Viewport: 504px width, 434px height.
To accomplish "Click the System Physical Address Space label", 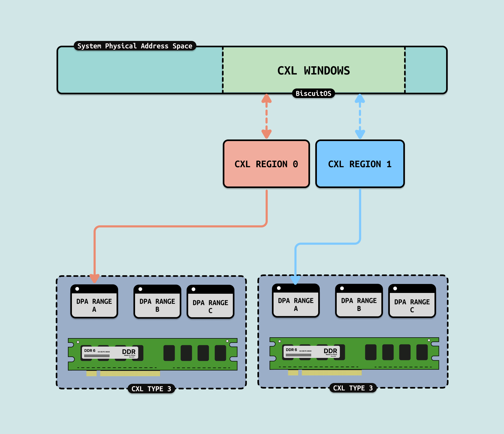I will pyautogui.click(x=135, y=46).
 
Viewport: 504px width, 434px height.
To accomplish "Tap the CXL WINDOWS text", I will pyautogui.click(x=313, y=71).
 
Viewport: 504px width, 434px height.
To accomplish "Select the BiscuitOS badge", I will pyautogui.click(x=313, y=94).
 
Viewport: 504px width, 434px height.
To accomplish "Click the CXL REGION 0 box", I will pyautogui.click(x=266, y=164).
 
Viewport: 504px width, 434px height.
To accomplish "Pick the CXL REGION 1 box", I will pyautogui.click(x=360, y=164).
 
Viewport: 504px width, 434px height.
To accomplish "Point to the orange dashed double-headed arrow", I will pyautogui.click(x=266, y=116).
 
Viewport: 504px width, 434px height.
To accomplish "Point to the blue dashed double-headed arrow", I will pyautogui.click(x=360, y=116).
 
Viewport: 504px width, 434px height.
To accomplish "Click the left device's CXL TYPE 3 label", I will pyautogui.click(x=151, y=389).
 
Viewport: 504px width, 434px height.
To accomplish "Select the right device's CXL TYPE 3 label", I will pyautogui.click(x=353, y=388).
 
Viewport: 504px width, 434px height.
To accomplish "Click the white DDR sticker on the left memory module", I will pyautogui.click(x=110, y=353).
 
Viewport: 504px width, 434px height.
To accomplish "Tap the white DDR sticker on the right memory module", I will pyautogui.click(x=311, y=352).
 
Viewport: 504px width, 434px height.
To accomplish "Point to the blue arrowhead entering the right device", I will pyautogui.click(x=295, y=279).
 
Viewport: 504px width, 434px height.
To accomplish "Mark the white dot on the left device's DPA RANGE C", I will pyautogui.click(x=193, y=289).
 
